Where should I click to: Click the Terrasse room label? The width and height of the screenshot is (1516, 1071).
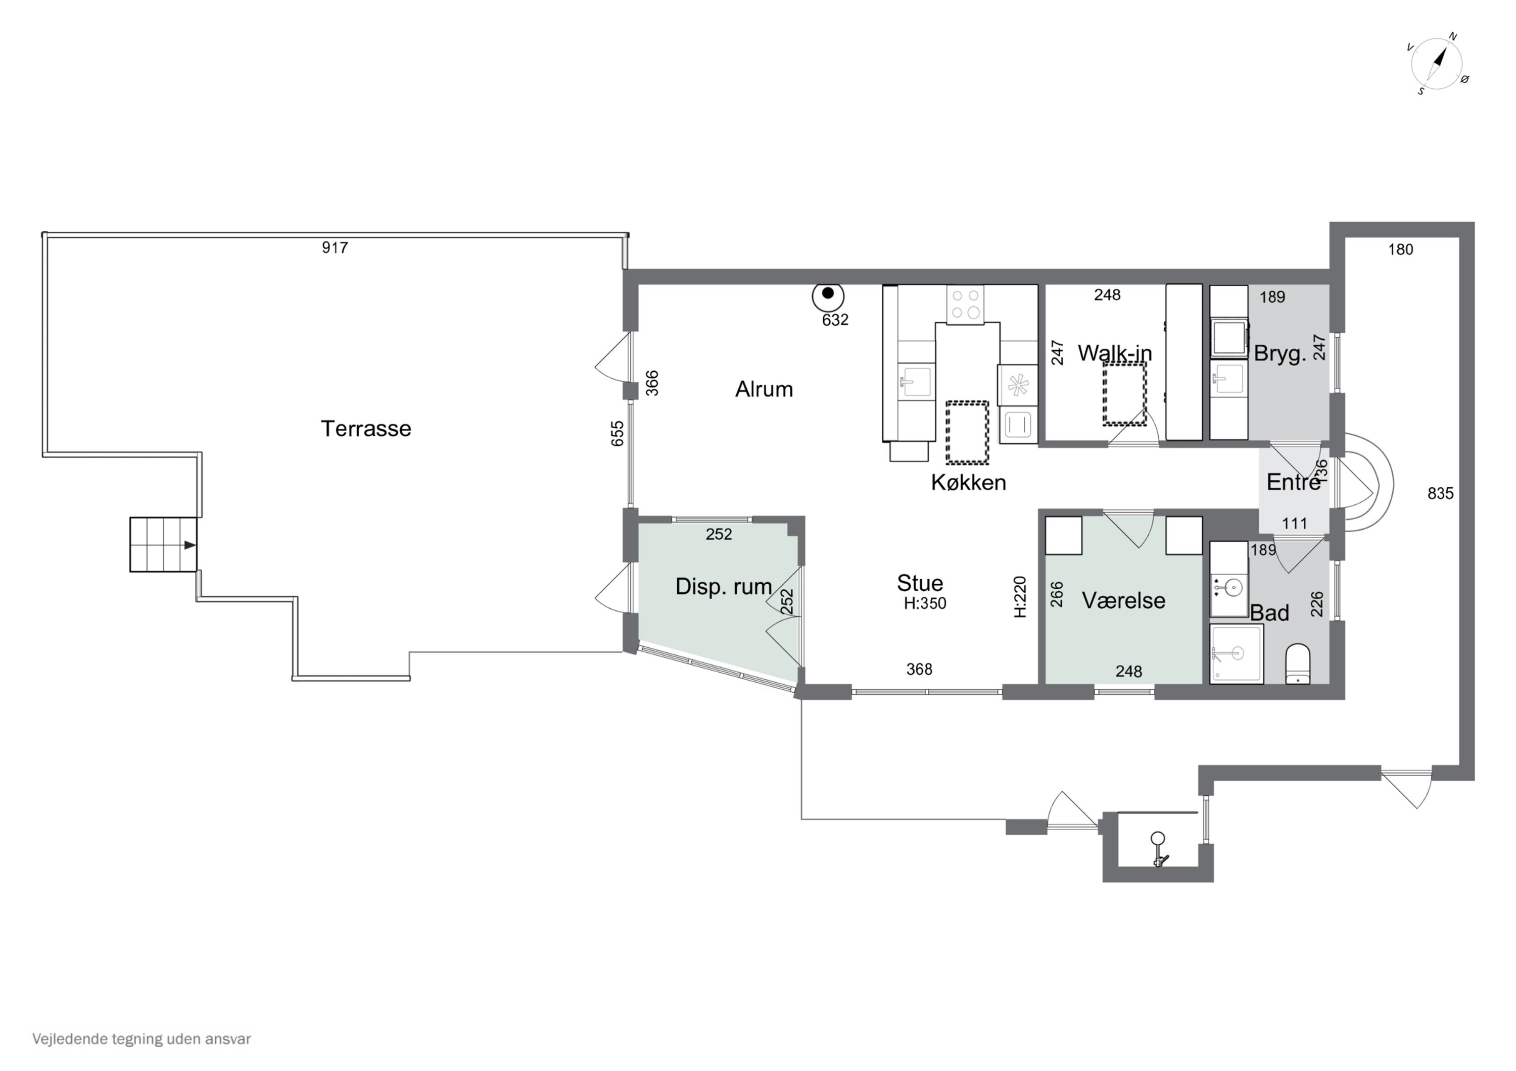click(366, 429)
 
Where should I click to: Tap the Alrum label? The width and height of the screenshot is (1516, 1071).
click(764, 389)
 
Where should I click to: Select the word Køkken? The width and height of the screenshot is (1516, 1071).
click(969, 482)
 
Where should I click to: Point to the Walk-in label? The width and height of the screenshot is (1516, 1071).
click(1115, 353)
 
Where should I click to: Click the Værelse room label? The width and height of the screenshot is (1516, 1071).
click(1123, 600)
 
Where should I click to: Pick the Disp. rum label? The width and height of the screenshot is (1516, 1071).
click(724, 587)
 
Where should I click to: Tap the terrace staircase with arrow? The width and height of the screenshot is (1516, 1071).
click(163, 544)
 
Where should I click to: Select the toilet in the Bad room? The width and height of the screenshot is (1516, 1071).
click(1298, 664)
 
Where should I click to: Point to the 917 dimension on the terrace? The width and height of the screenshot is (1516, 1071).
click(335, 247)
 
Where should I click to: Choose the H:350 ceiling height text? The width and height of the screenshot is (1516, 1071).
click(925, 603)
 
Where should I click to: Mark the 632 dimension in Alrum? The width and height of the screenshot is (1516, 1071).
click(835, 320)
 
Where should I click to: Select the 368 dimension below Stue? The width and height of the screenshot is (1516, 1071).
click(919, 669)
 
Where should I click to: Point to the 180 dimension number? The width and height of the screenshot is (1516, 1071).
click(1400, 249)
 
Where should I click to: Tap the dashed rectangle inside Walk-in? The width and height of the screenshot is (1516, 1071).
click(1124, 393)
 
